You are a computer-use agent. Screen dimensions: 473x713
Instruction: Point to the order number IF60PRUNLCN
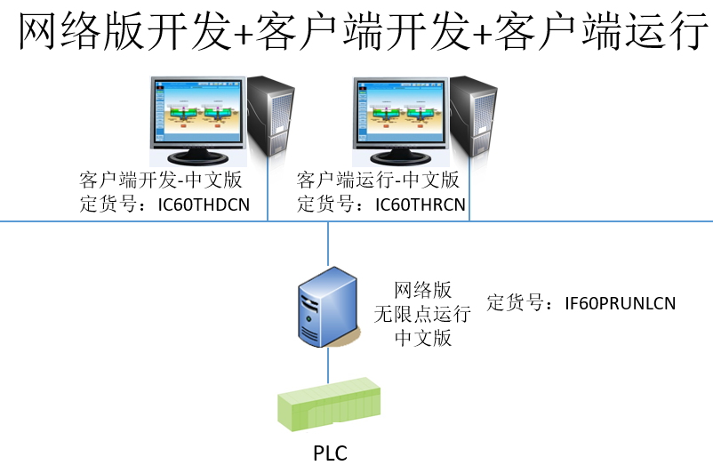pos(620,303)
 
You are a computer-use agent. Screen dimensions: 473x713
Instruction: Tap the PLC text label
pos(329,453)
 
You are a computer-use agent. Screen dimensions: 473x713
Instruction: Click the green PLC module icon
pos(329,407)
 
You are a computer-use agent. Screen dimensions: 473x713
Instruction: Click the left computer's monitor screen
pos(197,113)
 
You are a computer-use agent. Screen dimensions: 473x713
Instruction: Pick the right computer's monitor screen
pos(400,113)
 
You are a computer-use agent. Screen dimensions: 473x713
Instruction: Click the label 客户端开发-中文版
pos(161,180)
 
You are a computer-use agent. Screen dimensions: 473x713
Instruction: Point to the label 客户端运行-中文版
pos(378,180)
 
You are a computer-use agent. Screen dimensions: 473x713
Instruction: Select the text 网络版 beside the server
pos(423,290)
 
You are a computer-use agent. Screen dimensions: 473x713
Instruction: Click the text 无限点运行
pos(423,314)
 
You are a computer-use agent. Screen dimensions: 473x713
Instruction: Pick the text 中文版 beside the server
pos(423,338)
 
